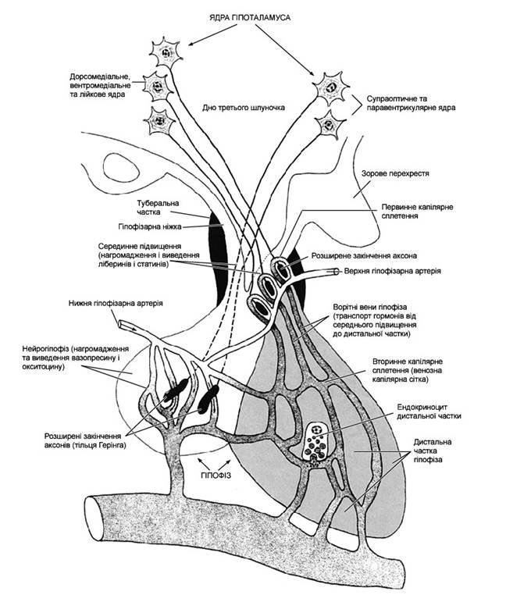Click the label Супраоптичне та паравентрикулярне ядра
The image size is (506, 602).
pyautogui.click(x=414, y=104)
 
